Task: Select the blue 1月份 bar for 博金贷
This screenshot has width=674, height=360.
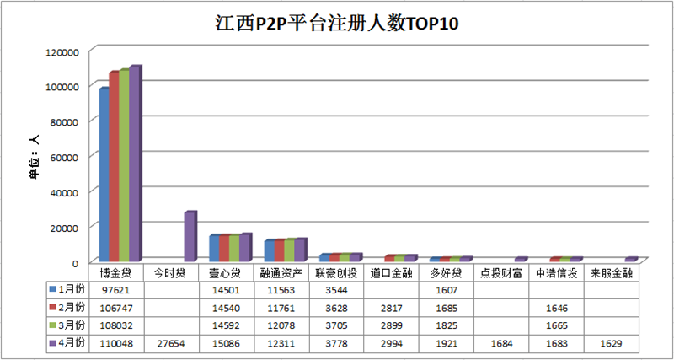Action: coord(104,175)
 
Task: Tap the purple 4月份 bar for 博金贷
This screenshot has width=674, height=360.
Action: coord(134,164)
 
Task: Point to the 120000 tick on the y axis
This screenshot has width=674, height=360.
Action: coord(62,51)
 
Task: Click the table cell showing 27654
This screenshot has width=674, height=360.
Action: coord(169,343)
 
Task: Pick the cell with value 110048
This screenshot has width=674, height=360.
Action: coord(116,343)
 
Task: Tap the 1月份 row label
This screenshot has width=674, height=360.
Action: coord(70,289)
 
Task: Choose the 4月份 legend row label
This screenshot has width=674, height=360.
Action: coord(70,343)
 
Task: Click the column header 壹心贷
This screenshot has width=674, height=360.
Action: coord(224,272)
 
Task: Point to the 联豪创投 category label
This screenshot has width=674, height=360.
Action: coord(336,272)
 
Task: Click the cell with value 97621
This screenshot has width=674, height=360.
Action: coord(116,289)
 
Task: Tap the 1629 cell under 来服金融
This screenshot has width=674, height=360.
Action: coord(612,343)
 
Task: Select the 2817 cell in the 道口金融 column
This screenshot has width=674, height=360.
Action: coord(390,307)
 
